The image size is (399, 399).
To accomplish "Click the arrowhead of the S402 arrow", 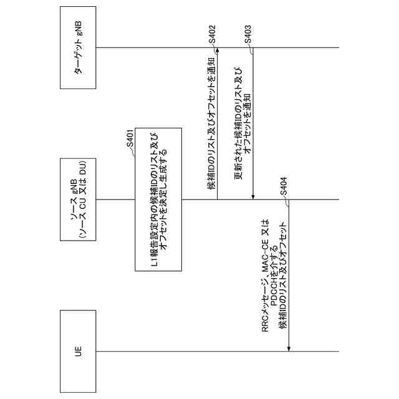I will [217, 50].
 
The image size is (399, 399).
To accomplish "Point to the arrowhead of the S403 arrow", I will [253, 196].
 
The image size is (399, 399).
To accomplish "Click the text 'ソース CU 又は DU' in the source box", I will [83, 199].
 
